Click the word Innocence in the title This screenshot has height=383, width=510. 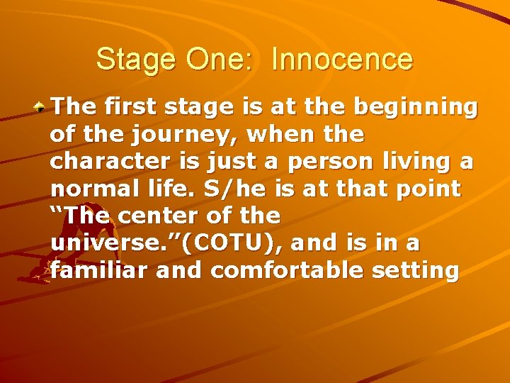point(341,60)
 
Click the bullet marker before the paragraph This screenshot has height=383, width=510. point(42,109)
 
